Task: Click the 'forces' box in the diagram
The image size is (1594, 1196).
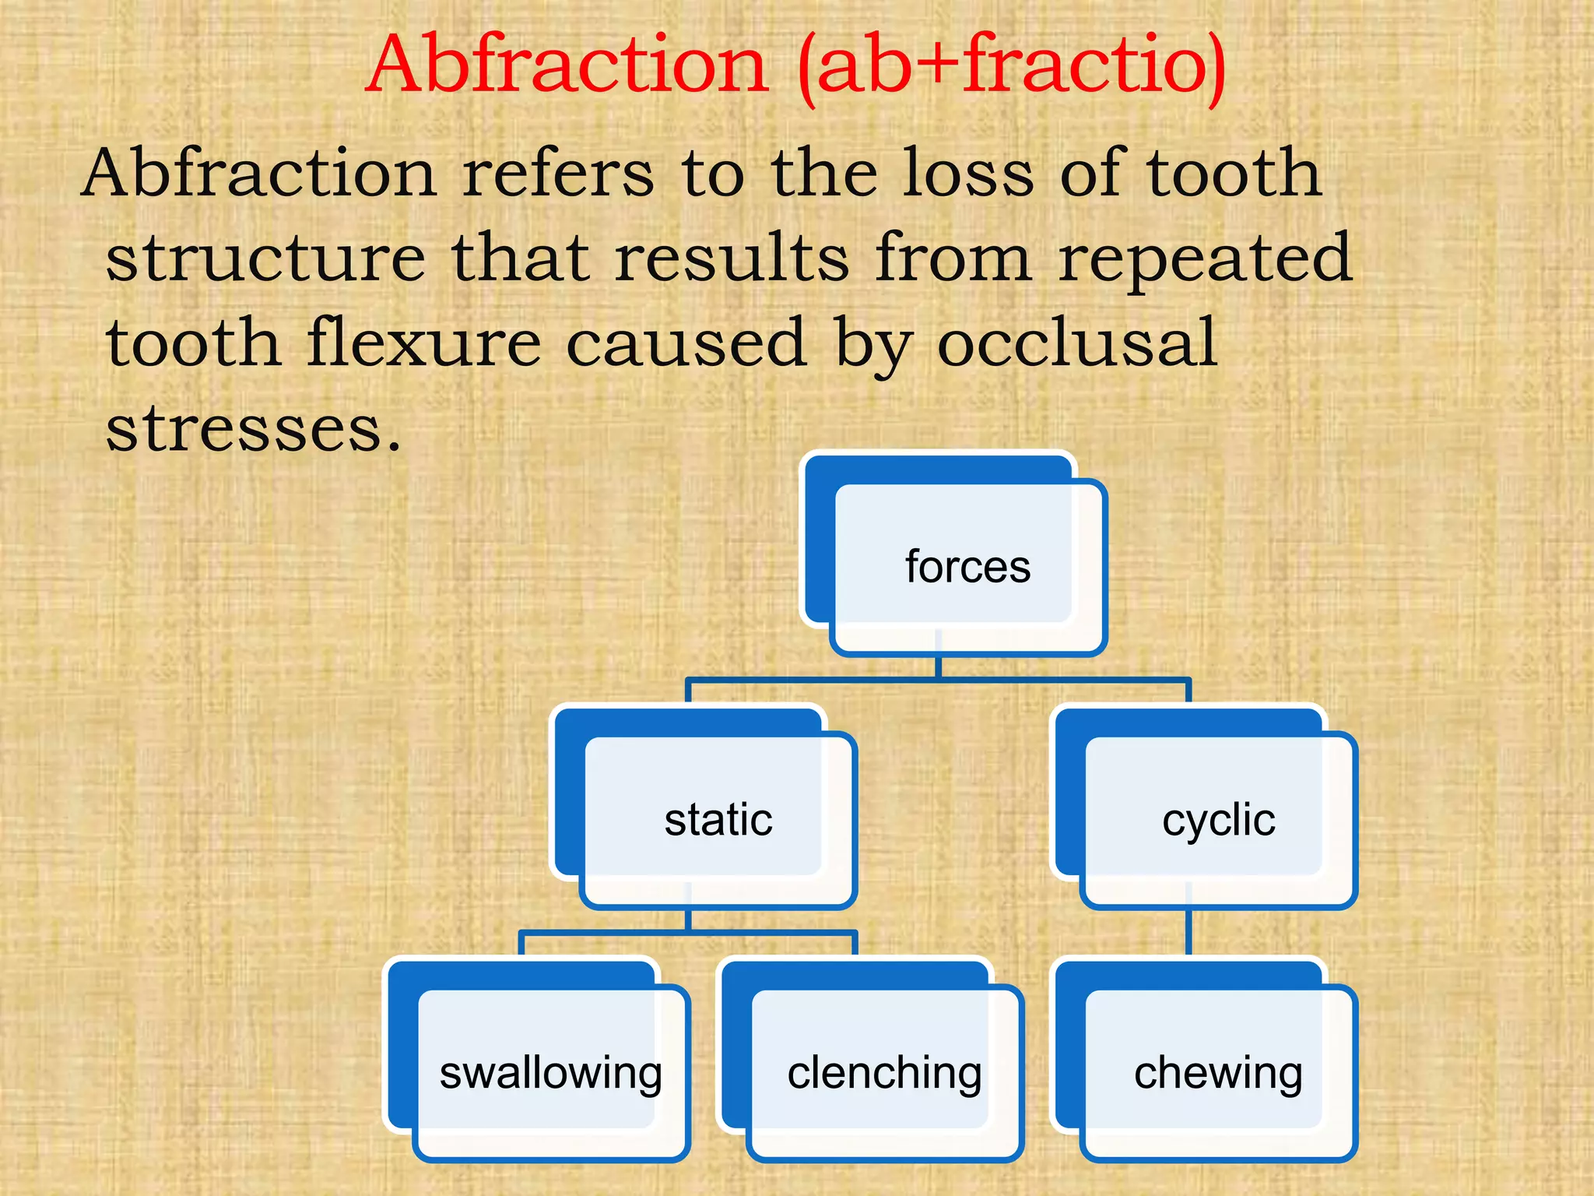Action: point(967,566)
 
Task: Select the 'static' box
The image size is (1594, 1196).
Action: point(718,819)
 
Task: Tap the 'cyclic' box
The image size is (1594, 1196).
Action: point(1218,819)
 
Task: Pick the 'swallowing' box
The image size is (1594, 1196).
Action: point(550,1072)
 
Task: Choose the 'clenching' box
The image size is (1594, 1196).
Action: point(884,1072)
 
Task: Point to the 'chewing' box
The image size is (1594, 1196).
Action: point(1218,1072)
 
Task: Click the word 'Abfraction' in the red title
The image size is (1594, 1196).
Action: point(568,65)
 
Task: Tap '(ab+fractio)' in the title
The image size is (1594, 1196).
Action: point(1012,65)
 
